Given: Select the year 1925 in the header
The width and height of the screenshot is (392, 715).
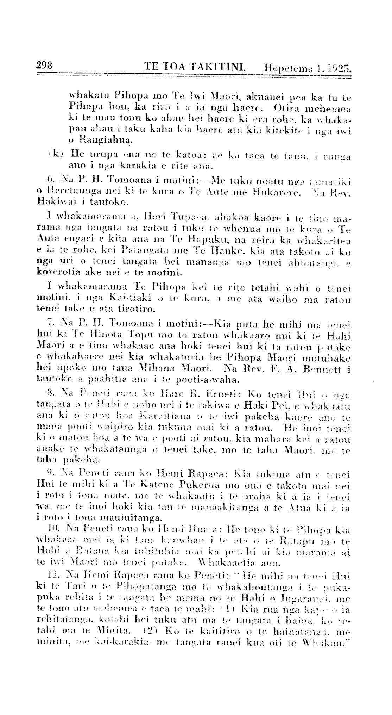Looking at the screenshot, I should [338, 68].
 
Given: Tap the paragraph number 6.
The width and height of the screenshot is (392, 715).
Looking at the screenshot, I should [50, 181].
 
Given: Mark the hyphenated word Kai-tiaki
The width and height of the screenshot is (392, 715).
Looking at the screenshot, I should [131, 299].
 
